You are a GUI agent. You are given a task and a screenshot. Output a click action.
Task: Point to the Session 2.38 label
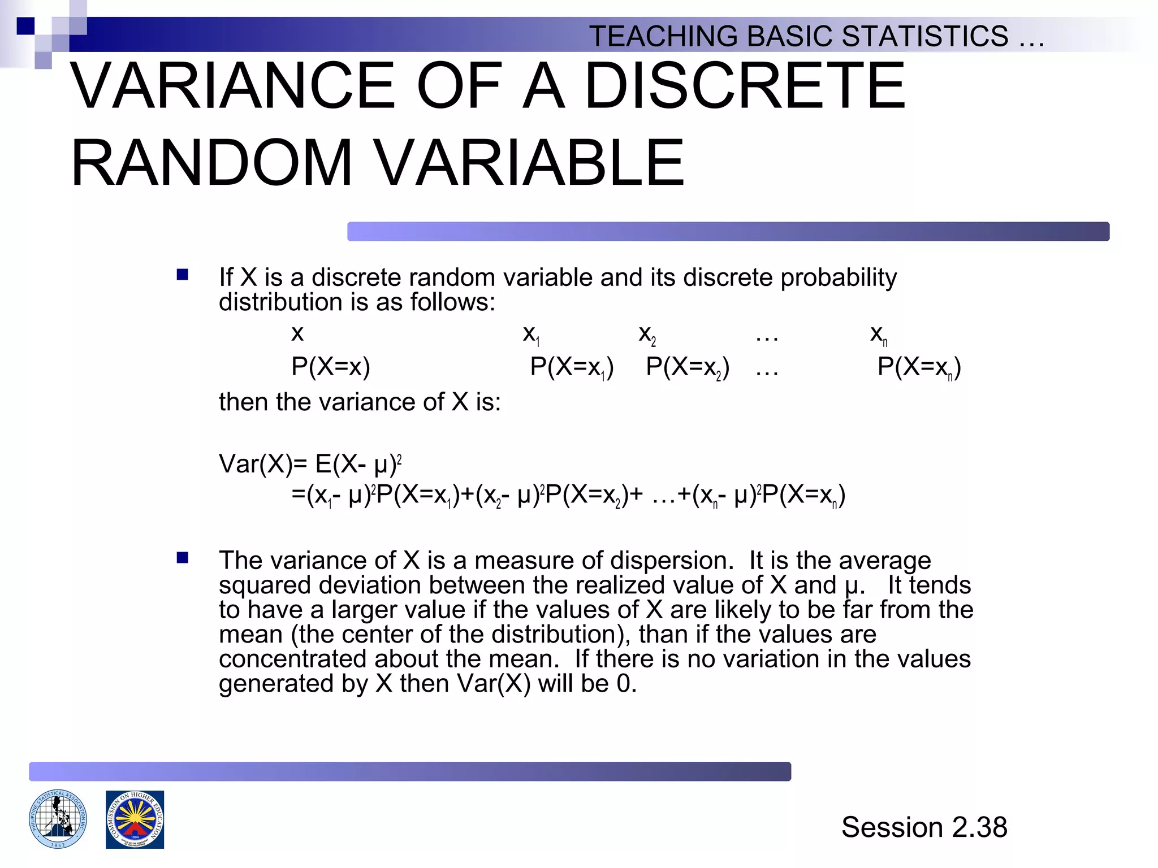pyautogui.click(x=924, y=827)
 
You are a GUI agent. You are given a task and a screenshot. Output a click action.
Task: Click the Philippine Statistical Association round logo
pyautogui.click(x=58, y=819)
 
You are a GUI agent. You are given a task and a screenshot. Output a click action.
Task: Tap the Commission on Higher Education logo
pyautogui.click(x=135, y=819)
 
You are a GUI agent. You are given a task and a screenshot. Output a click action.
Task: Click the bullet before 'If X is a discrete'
pyautogui.click(x=182, y=275)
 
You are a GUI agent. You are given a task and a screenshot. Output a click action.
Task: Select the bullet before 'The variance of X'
pyautogui.click(x=182, y=558)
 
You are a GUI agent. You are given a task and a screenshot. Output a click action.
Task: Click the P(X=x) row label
pyautogui.click(x=331, y=367)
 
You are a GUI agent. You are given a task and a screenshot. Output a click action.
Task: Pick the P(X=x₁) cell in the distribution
pyautogui.click(x=572, y=367)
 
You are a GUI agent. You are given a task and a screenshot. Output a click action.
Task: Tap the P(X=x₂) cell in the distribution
pyautogui.click(x=688, y=367)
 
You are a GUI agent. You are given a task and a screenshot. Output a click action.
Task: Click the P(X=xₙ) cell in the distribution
pyautogui.click(x=919, y=367)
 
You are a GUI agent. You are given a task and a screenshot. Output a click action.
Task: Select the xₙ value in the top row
pyautogui.click(x=879, y=335)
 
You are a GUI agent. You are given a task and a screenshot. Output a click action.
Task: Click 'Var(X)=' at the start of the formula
pyautogui.click(x=263, y=465)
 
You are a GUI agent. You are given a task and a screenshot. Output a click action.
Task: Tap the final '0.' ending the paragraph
pyautogui.click(x=626, y=684)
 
